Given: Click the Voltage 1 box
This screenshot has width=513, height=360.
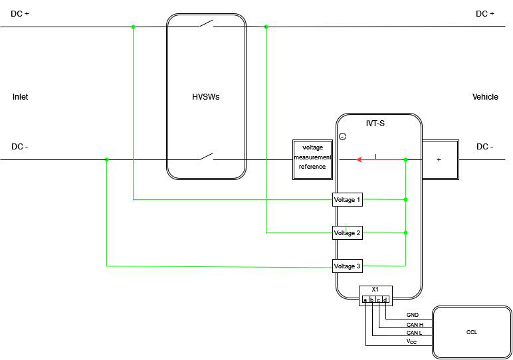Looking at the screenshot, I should point(347,199).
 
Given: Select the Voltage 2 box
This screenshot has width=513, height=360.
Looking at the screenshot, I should point(347,232).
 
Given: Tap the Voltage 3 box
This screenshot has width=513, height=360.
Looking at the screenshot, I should point(347,266).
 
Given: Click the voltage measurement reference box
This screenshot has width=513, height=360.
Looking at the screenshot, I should point(312,159).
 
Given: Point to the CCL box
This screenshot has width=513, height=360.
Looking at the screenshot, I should point(472,331).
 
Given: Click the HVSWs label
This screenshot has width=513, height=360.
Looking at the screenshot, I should point(206,97).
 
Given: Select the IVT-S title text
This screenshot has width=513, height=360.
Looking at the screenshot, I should point(375,124).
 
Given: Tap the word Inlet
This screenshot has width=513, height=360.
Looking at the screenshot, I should point(20,97).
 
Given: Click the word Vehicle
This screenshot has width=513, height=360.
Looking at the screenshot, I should point(485,97).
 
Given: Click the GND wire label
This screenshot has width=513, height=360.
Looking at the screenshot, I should point(413,315).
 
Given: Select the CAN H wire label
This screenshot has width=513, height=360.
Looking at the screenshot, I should point(415,325).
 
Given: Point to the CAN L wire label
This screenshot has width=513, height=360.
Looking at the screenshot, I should point(414,333).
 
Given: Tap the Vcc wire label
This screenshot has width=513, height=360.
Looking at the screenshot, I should point(412,341).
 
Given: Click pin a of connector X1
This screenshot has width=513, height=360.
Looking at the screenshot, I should point(365,300).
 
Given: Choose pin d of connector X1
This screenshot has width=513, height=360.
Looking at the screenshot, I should point(385,300).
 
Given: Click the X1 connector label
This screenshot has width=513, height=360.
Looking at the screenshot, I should point(375,290).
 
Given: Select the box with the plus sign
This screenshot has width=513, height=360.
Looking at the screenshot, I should point(439,159).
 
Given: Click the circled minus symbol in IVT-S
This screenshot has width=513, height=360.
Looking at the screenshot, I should point(342,136).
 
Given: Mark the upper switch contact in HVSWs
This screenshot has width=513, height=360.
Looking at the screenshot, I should point(206,25).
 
